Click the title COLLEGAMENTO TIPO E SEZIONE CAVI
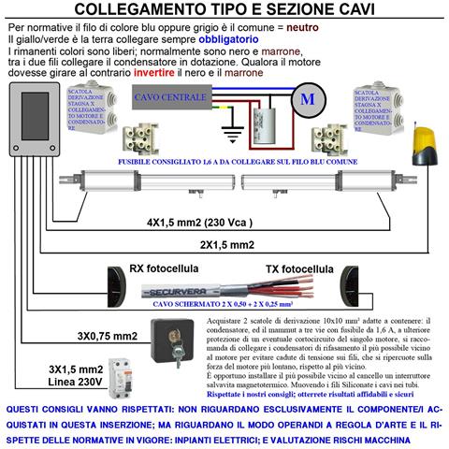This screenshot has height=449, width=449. click(224, 11)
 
